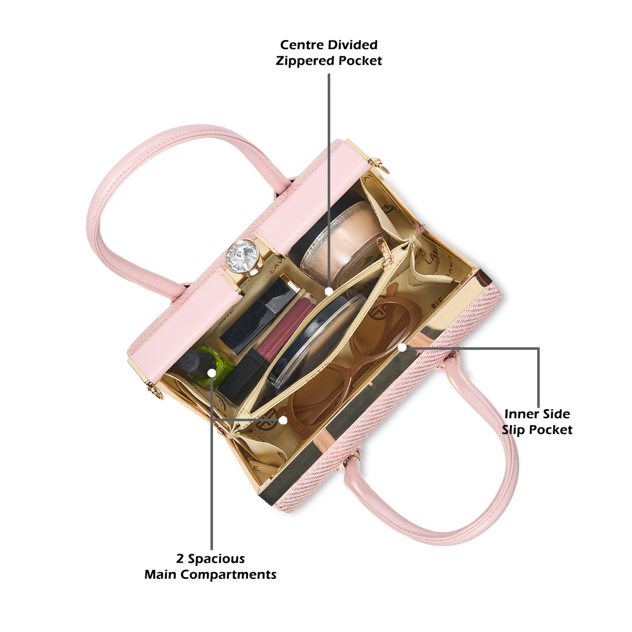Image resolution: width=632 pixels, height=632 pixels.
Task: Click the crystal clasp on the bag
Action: (x=242, y=256)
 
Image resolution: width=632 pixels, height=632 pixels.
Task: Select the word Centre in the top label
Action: (x=301, y=45)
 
